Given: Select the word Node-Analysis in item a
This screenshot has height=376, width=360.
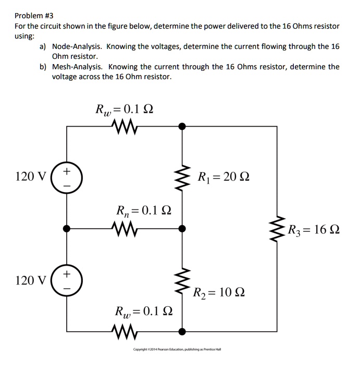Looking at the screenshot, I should (78, 46).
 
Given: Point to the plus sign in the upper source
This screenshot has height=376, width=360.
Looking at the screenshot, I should (67, 170).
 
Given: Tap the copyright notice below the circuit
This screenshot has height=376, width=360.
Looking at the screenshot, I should (177, 349).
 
